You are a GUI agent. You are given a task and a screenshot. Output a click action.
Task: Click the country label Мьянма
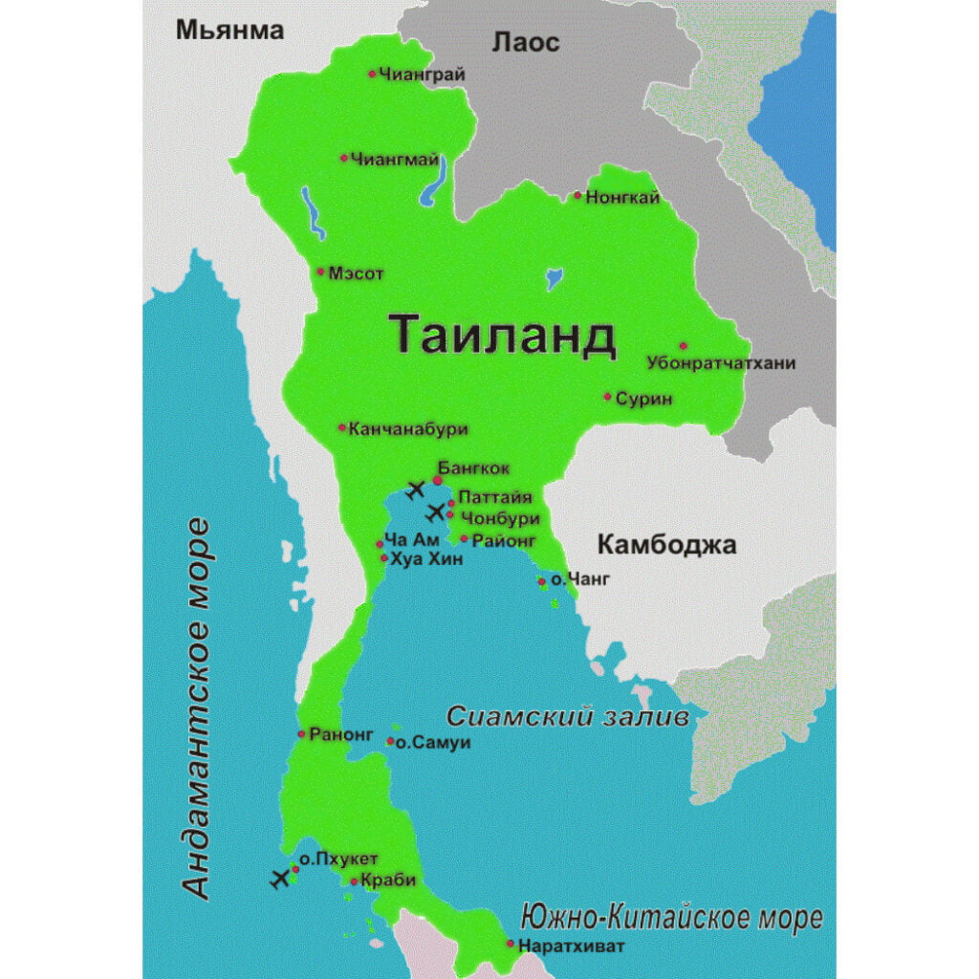coord(230,31)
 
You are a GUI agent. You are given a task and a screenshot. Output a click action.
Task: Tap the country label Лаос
coord(525,42)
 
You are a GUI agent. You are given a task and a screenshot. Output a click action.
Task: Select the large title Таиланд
coord(502,336)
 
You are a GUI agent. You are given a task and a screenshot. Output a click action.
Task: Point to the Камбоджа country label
coord(666,546)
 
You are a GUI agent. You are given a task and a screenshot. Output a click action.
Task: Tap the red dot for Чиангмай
coord(344,158)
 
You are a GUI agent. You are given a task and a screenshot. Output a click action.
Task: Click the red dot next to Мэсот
coord(320,272)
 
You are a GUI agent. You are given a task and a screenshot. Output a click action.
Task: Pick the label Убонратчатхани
coord(721,363)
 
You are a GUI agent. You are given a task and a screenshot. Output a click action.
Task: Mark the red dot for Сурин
coord(607,396)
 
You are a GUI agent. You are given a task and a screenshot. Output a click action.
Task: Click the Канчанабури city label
coord(408,428)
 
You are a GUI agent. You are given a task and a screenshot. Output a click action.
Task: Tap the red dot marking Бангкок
coord(438,480)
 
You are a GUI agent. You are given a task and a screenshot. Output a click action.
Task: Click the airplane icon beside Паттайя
coord(437,511)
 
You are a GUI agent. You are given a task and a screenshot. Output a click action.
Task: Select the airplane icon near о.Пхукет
coord(280,879)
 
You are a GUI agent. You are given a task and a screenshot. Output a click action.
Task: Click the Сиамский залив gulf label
coord(568,716)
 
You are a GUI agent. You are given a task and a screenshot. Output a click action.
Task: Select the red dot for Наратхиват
coord(511,945)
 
